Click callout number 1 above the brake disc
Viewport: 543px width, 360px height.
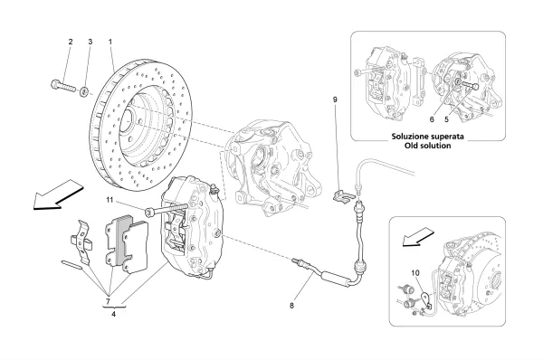pos(110,42)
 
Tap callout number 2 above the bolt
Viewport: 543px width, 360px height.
pos(71,42)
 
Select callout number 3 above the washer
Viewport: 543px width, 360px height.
pos(90,42)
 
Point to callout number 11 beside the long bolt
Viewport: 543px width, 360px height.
pos(110,200)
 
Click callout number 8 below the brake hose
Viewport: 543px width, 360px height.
pos(291,306)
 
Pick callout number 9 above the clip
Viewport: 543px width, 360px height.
pos(335,99)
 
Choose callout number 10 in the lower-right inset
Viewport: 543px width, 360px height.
pos(415,273)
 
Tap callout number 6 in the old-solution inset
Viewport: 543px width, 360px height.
pos(432,119)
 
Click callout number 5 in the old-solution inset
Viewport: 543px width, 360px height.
pos(446,119)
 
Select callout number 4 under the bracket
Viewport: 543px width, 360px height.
pos(114,314)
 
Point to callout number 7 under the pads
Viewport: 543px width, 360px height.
pos(108,300)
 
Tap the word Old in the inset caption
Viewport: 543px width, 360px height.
pos(412,146)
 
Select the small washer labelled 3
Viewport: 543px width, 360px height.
pos(84,91)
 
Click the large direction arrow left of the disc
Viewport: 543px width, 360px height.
pos(58,194)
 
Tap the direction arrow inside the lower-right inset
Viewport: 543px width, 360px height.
pos(418,237)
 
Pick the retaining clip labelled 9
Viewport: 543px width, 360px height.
pos(343,195)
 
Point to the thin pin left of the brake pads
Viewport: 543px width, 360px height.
pos(72,265)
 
